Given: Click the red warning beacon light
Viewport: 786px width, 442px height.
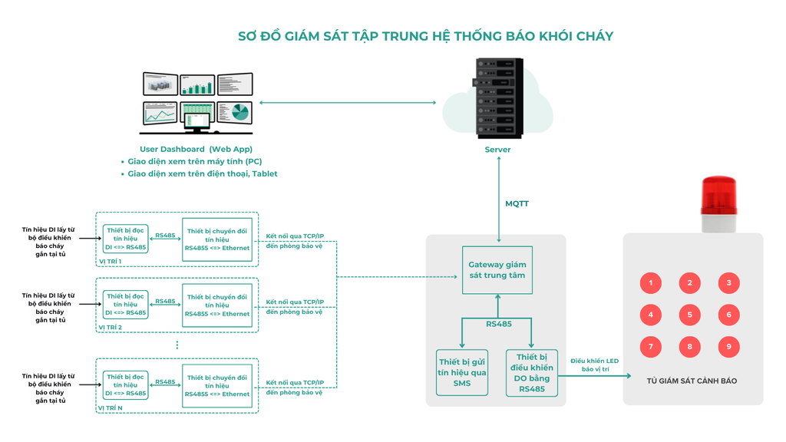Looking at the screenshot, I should [x=718, y=196].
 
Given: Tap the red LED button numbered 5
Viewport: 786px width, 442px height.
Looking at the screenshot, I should [x=689, y=315].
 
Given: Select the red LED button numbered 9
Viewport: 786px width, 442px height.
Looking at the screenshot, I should [x=728, y=347].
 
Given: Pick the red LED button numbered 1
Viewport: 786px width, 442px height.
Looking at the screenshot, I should [x=650, y=283].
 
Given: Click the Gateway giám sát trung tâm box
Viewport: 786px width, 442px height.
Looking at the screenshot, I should [x=497, y=270].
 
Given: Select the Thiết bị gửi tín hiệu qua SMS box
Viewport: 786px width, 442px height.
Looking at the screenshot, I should [x=461, y=373].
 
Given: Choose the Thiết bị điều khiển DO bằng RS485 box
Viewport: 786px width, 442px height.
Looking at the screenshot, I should [x=531, y=373].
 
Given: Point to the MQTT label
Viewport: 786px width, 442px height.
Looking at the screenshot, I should [x=517, y=204].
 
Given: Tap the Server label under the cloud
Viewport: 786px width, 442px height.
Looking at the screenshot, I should [x=497, y=150].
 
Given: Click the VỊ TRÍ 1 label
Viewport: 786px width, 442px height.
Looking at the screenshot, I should [x=110, y=262].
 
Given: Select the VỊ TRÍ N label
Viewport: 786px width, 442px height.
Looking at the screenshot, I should [x=111, y=408].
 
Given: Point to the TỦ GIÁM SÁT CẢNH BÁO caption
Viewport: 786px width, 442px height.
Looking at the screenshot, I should [x=692, y=381].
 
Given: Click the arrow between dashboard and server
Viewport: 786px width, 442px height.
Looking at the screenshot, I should [x=348, y=102].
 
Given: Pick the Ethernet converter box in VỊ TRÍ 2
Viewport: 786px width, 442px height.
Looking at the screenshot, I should [x=216, y=305].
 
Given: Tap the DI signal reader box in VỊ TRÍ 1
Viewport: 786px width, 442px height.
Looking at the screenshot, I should [x=125, y=239].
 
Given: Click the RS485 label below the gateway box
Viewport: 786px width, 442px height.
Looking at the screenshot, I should [x=498, y=324].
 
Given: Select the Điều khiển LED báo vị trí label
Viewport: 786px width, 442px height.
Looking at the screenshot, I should [x=594, y=365].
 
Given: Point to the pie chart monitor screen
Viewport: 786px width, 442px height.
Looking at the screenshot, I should [x=235, y=114].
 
